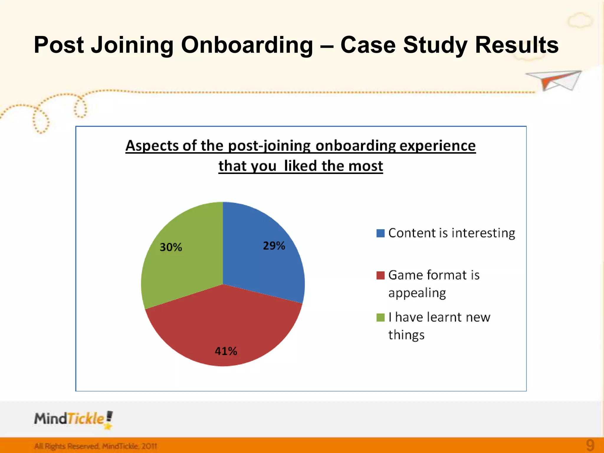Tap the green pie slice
click(183, 265)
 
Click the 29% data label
click(274, 246)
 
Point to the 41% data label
click(226, 351)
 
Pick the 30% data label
click(171, 247)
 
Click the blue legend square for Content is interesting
click(380, 233)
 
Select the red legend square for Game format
click(380, 275)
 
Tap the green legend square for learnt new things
click(380, 318)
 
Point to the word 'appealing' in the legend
click(417, 293)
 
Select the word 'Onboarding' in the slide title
click(247, 45)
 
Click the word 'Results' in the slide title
click(517, 45)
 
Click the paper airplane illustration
click(554, 80)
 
